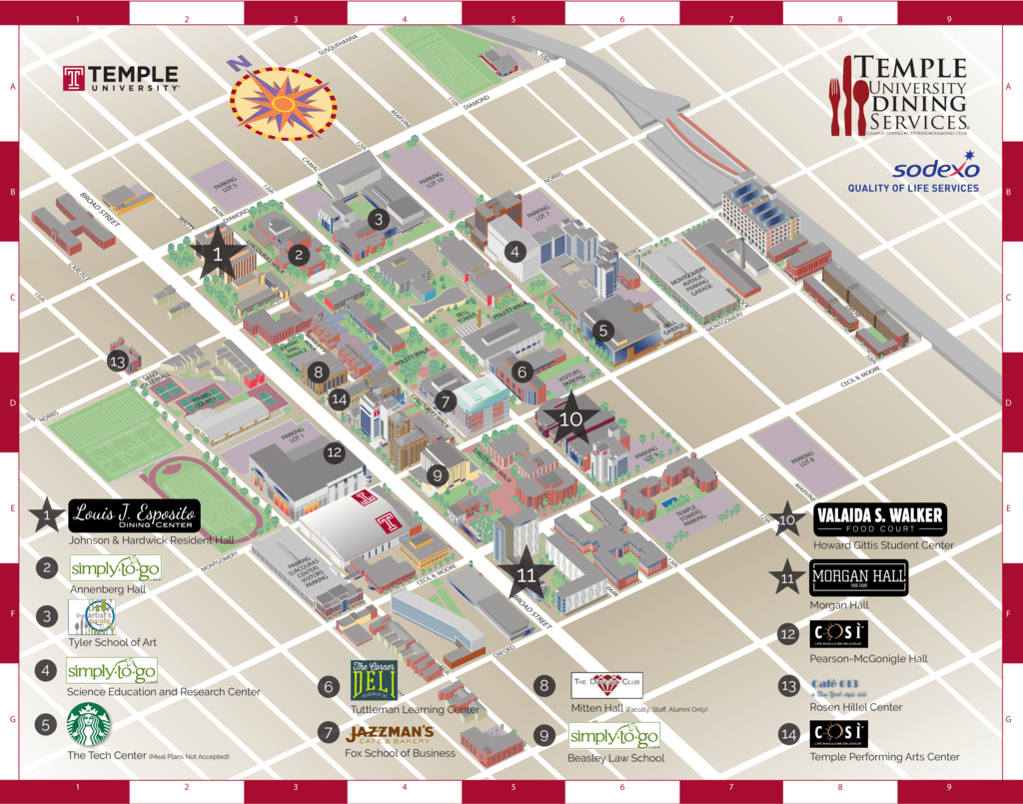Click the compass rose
[283, 103]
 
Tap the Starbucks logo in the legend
[88, 725]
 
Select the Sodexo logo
[913, 172]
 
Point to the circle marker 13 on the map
[118, 362]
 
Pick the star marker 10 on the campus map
[570, 419]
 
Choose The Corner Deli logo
[374, 681]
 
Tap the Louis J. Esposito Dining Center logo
[135, 516]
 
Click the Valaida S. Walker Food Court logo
[878, 519]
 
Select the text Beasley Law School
[615, 758]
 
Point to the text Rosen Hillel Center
[855, 707]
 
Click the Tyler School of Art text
[111, 641]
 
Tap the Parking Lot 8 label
[804, 459]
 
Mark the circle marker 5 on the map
[601, 329]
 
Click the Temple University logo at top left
[121, 79]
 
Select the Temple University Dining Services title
[898, 96]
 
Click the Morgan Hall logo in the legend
[858, 577]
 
